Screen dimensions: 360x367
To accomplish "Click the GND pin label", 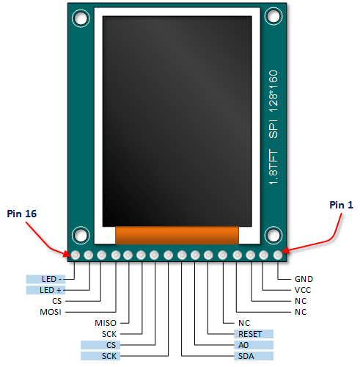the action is click(x=304, y=279).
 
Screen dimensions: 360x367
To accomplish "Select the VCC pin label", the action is click(x=303, y=290).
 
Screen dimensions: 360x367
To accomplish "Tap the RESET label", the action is click(x=250, y=334).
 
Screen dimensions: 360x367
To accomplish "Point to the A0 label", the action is click(x=243, y=345).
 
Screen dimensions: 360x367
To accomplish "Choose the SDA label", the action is click(x=246, y=356).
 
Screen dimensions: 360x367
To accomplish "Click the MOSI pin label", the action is click(x=51, y=312).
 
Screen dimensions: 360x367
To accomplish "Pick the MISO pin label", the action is click(x=106, y=323).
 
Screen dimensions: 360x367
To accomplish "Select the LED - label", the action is click(x=52, y=279).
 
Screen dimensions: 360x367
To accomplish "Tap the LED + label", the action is click(x=51, y=290).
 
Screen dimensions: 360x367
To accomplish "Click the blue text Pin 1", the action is click(x=342, y=205).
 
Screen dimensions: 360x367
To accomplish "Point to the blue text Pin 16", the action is click(x=22, y=214).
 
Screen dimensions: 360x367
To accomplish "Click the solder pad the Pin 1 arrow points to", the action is click(x=278, y=255).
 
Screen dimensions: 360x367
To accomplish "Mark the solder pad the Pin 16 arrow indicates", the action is click(x=76, y=255).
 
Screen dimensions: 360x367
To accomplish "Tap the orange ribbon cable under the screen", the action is click(x=177, y=235).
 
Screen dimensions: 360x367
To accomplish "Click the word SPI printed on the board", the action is click(x=273, y=129).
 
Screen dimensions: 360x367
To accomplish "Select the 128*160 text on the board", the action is click(x=273, y=91).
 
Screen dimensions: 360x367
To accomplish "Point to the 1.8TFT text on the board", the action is click(x=273, y=167).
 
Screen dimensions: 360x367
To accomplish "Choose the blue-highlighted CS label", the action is click(x=111, y=345).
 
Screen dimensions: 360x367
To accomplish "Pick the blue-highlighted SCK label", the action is click(x=109, y=356).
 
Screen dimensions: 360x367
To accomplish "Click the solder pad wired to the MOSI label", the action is click(x=116, y=255).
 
